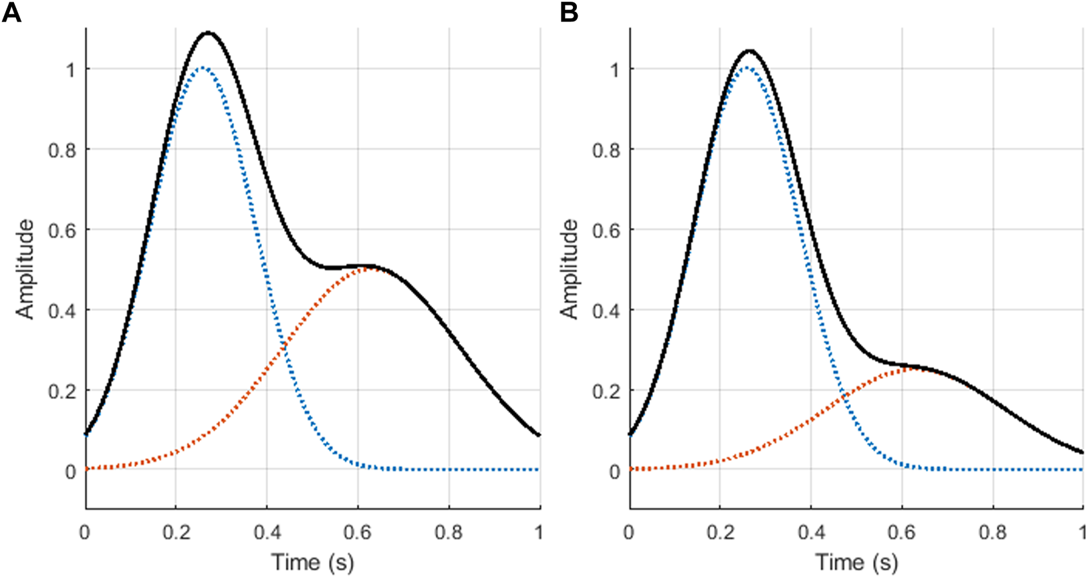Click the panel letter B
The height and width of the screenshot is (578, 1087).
tap(569, 12)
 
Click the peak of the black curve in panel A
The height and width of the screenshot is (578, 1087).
tap(208, 32)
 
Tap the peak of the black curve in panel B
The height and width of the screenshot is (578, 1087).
tap(750, 50)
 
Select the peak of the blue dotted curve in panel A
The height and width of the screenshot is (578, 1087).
tap(203, 67)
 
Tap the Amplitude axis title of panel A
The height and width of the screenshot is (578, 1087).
tap(25, 269)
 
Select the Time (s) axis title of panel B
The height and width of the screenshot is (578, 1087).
tap(856, 563)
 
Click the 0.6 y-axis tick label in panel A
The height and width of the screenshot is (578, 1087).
tap(62, 230)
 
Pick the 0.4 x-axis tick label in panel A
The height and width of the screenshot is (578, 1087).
tap(267, 532)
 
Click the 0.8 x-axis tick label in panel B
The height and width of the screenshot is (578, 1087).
tap(992, 532)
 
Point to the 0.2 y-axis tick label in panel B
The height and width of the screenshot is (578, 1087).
tap(606, 390)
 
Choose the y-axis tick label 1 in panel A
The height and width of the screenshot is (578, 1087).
tap(70, 69)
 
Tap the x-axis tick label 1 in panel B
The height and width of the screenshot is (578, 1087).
tap(1082, 532)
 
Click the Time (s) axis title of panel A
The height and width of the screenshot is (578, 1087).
tap(312, 563)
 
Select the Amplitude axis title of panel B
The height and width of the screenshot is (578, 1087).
tap(569, 269)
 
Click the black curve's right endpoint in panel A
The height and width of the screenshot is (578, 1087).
tap(539, 435)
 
